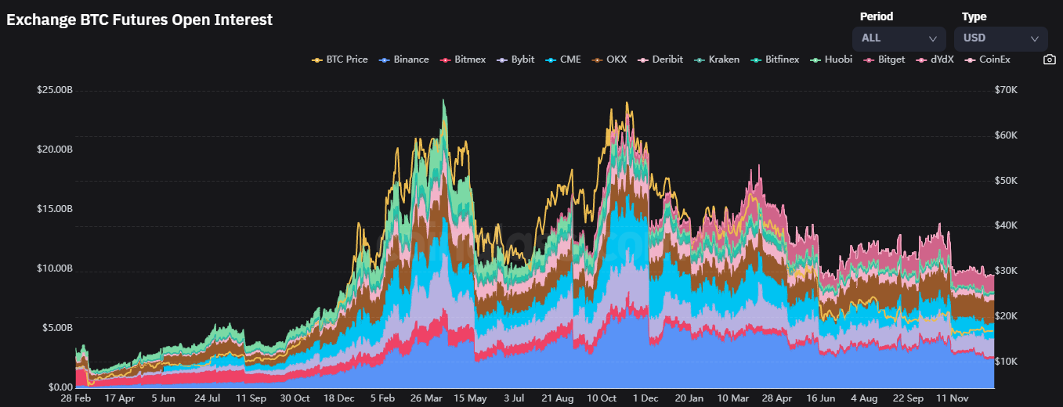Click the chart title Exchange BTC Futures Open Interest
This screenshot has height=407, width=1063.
(139, 20)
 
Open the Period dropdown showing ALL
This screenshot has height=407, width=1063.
(899, 38)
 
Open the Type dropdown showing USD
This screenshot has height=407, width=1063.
(1000, 38)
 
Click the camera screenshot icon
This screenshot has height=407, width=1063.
(1050, 59)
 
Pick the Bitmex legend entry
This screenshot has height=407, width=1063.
(464, 59)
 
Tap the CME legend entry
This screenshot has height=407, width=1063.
(564, 59)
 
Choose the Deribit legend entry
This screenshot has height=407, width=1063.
(661, 59)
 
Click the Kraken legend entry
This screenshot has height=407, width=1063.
(718, 59)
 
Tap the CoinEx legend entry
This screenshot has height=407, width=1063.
(988, 59)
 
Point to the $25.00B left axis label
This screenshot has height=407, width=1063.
(55, 90)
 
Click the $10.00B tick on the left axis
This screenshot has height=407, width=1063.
(55, 268)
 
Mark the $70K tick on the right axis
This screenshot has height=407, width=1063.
(1005, 90)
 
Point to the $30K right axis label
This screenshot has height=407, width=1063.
(1005, 271)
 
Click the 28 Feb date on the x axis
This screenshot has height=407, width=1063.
(76, 398)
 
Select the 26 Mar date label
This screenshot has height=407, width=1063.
(428, 398)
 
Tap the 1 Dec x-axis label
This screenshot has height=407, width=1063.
(645, 398)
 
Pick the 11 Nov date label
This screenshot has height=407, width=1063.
(953, 398)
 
